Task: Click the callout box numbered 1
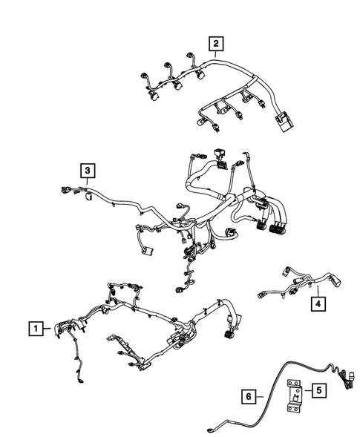click(x=35, y=326)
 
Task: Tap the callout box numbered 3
click(x=88, y=172)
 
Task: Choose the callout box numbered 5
click(x=317, y=389)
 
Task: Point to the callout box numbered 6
click(x=249, y=398)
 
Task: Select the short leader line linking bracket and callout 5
click(x=305, y=389)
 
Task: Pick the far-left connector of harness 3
click(x=63, y=194)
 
